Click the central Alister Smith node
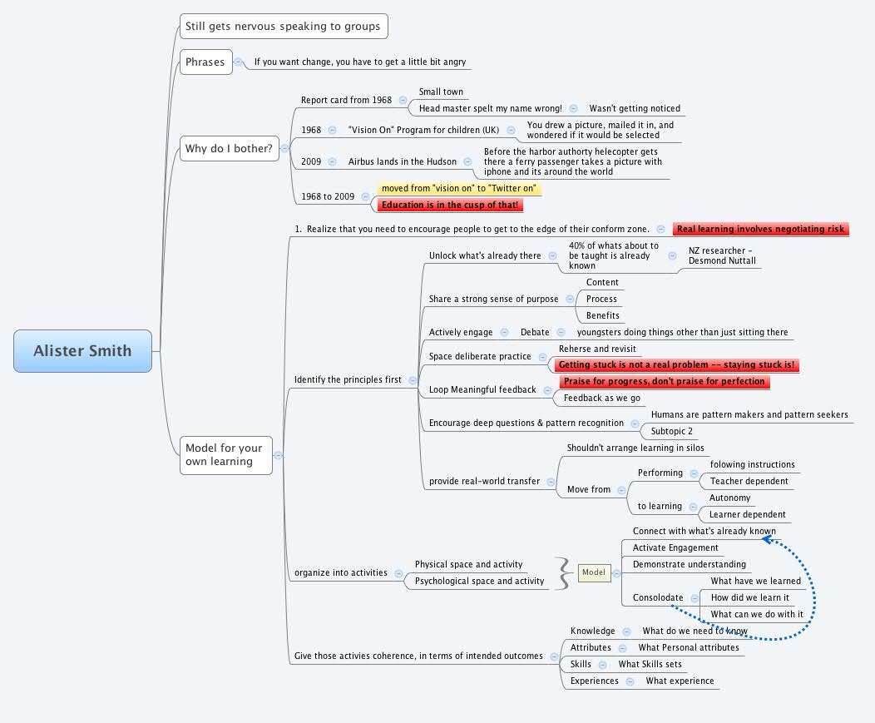83,350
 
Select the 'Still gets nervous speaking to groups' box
283,27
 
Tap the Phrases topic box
205,62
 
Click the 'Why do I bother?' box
229,149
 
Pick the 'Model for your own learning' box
225,454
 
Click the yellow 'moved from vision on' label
459,188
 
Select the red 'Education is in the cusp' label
450,205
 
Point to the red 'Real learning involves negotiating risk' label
760,229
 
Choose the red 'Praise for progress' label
663,381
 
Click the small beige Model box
594,572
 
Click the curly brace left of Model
566,572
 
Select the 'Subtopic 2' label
672,431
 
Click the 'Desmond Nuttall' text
723,260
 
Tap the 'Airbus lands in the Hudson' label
402,161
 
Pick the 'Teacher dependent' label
749,481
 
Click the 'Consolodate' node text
658,597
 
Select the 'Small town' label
441,92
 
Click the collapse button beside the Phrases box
239,62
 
